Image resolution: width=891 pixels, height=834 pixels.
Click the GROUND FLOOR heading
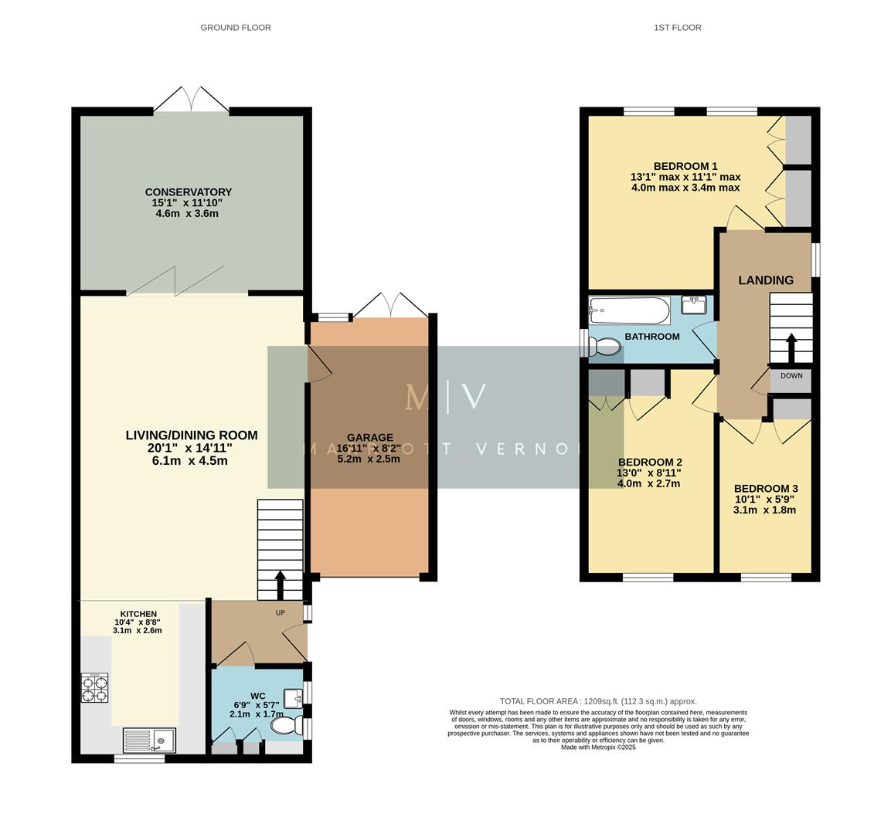[236, 28]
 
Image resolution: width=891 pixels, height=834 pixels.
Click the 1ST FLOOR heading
[677, 28]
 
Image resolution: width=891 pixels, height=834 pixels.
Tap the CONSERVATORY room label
[188, 192]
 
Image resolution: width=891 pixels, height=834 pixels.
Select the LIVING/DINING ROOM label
[192, 436]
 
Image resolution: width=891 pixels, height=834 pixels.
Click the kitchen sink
[150, 741]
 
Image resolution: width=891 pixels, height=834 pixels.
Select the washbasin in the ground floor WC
[294, 698]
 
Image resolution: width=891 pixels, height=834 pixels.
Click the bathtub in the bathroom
[628, 310]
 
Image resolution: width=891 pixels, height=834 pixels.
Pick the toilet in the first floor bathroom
[606, 347]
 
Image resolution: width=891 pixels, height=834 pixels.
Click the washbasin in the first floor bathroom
[695, 304]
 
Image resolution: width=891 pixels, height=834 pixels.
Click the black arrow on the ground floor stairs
[280, 585]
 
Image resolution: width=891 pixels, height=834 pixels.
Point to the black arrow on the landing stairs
[791, 347]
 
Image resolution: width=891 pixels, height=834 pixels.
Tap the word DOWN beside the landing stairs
[791, 376]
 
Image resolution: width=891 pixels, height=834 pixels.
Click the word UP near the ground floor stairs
[280, 612]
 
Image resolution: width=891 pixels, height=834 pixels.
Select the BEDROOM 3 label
[765, 489]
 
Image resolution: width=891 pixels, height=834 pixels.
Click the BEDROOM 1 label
[685, 166]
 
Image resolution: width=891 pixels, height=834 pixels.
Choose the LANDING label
[765, 280]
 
